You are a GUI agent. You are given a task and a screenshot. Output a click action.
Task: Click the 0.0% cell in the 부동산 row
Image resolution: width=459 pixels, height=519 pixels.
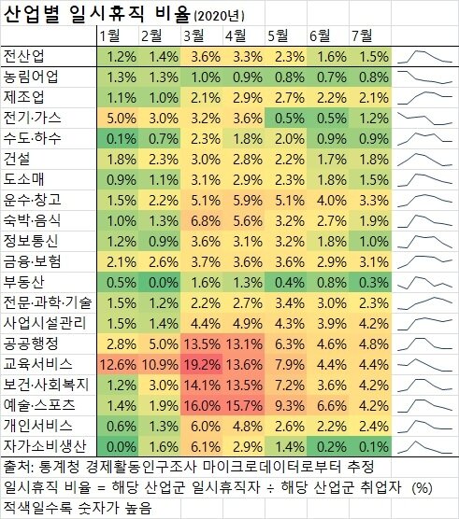163,281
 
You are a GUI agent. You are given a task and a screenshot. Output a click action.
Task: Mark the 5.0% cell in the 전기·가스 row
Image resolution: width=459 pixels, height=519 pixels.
121,118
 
